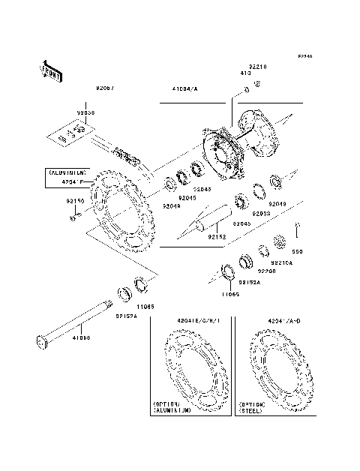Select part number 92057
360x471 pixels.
click(x=105, y=88)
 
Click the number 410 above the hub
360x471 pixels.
click(x=244, y=74)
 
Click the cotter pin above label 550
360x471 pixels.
click(x=298, y=227)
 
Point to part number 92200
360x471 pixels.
click(x=268, y=271)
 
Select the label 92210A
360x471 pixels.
click(x=282, y=263)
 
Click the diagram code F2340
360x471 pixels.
click(x=304, y=57)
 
